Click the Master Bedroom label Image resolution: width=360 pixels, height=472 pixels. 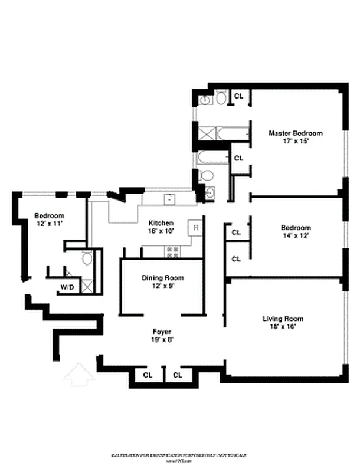tap(296, 133)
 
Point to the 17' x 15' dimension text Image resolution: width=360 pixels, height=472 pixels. tap(296, 142)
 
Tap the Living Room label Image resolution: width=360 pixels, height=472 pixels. tap(283, 319)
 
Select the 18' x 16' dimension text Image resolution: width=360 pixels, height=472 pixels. tap(283, 327)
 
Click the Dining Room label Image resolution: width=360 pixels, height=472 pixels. tap(162, 278)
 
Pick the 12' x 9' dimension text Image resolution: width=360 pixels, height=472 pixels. tap(162, 286)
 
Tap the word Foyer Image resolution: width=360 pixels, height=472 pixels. tap(162, 331)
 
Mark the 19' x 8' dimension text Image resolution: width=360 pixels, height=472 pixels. tap(162, 339)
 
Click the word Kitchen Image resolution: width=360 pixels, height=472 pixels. tap(161, 223)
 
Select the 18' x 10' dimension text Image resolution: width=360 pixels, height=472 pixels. tap(161, 231)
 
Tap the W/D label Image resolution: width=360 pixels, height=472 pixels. tap(67, 288)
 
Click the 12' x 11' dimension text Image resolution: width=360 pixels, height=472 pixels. tap(48, 224)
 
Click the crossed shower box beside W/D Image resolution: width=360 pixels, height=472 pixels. tap(87, 287)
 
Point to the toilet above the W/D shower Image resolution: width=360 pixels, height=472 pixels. tap(87, 258)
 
